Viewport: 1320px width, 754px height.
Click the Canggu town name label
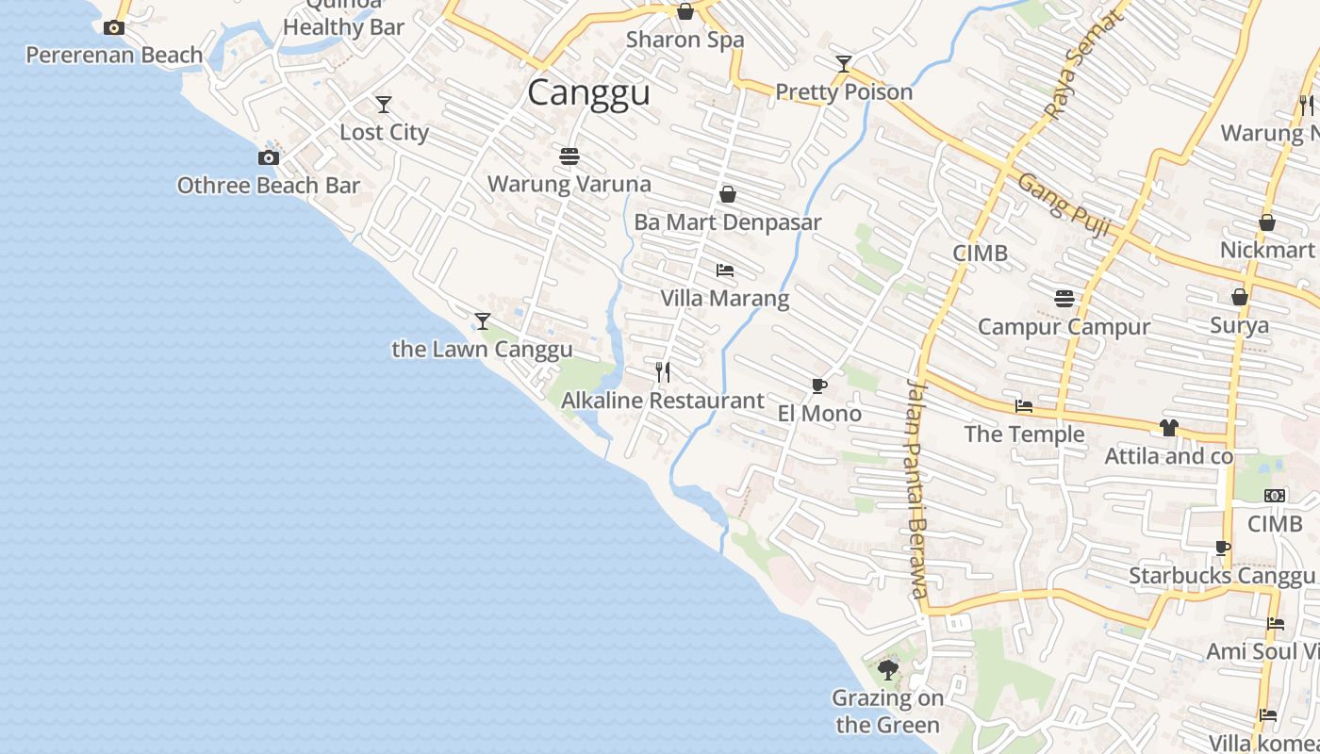[588, 93]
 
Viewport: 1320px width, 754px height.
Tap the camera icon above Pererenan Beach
[114, 28]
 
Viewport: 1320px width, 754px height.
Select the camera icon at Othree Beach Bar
[269, 157]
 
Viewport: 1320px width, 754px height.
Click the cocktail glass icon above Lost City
[383, 104]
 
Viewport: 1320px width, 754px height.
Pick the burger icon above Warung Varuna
[569, 156]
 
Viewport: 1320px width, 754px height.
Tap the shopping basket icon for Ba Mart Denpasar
[727, 194]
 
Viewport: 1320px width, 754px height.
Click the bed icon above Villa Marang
[724, 270]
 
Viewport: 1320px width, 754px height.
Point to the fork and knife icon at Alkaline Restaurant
[663, 372]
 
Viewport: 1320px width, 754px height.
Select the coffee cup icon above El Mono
[818, 385]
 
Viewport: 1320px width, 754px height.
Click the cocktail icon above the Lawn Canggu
[482, 321]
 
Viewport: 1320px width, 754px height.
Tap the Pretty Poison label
[844, 92]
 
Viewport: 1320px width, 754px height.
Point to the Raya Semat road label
[1085, 64]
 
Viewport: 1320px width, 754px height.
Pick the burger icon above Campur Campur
[1064, 299]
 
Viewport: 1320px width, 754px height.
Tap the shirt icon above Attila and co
[1169, 428]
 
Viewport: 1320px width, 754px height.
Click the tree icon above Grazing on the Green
[887, 670]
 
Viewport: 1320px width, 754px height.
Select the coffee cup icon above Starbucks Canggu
[1222, 548]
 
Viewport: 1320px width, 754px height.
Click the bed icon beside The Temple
[1024, 406]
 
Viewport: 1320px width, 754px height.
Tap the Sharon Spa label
[685, 40]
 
